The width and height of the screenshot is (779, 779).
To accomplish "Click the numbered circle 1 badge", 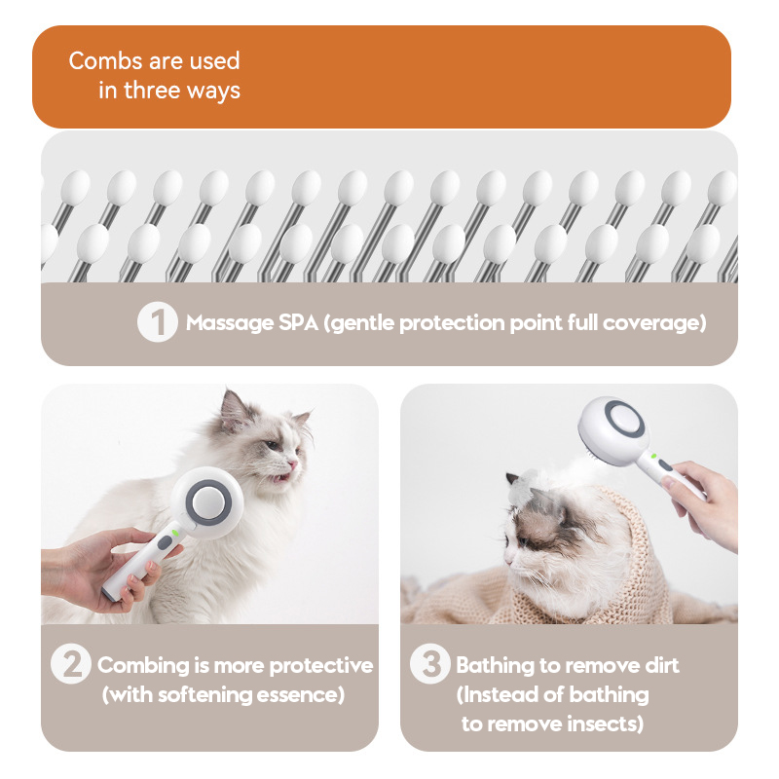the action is [158, 322].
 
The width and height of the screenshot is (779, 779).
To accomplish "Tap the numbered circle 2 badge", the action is [71, 664].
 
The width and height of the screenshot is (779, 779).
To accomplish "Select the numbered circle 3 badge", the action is [430, 664].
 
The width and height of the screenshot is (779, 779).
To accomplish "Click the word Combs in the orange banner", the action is [106, 60].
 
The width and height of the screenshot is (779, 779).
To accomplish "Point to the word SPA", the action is [298, 323].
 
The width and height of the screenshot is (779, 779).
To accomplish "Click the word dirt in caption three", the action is [662, 665].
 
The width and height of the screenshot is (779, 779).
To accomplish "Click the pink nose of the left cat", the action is [293, 464].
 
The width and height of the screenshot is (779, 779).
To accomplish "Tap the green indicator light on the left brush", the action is [175, 533].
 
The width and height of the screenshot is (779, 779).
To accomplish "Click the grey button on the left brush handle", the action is [165, 542].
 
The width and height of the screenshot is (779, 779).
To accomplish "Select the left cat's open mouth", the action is [282, 478].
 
